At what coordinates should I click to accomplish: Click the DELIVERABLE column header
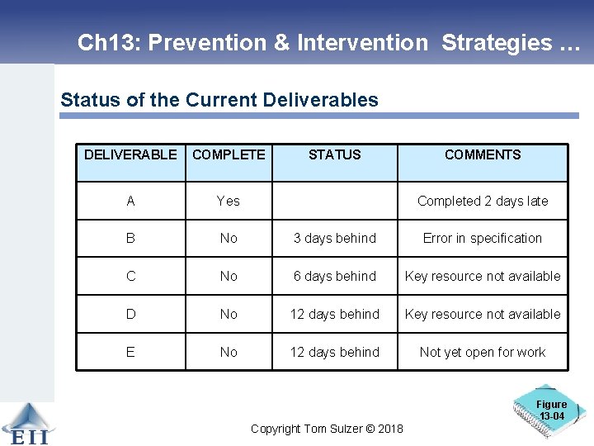point(130,154)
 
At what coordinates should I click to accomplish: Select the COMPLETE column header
point(229,154)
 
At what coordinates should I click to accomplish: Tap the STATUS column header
point(334,154)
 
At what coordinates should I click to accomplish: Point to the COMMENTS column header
point(483,154)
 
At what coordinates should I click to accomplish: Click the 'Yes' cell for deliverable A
point(229,201)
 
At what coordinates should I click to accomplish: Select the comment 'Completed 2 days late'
point(483,201)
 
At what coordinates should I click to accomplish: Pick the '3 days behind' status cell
point(334,238)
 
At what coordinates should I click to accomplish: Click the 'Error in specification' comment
point(483,238)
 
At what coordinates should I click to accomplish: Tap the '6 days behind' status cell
point(334,276)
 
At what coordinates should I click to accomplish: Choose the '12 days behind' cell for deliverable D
point(334,314)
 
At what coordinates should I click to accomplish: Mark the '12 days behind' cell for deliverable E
point(334,352)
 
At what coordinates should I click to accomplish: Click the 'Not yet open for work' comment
point(483,352)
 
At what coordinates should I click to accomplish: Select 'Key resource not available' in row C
point(483,276)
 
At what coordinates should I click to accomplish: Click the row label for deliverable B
point(130,238)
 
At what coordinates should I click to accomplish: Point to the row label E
point(130,352)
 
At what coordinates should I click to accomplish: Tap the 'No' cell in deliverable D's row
point(229,314)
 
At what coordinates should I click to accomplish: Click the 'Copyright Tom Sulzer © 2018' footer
point(327,428)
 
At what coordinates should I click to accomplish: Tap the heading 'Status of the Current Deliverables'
point(219,101)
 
